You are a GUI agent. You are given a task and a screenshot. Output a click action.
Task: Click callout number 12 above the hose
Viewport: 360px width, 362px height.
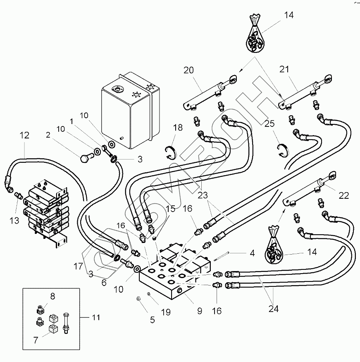[x=24, y=135]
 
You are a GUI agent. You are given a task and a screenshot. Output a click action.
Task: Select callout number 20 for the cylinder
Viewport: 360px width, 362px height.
[x=188, y=71]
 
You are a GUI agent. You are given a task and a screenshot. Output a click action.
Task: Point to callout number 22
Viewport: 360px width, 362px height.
[x=344, y=195]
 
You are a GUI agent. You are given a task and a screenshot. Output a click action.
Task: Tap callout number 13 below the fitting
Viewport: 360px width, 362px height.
[x=14, y=221]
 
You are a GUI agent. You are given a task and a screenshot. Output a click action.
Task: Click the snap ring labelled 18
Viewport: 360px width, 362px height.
[x=171, y=152]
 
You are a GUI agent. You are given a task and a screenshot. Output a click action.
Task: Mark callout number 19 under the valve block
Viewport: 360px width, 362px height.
[x=165, y=313]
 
